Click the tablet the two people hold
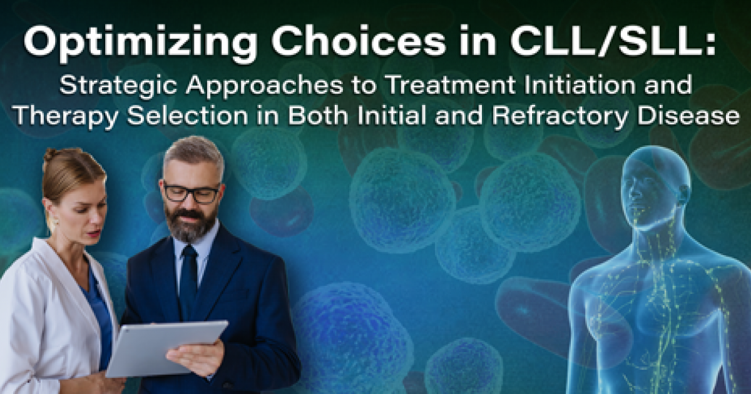tap(166, 348)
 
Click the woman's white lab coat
tap(44, 313)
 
